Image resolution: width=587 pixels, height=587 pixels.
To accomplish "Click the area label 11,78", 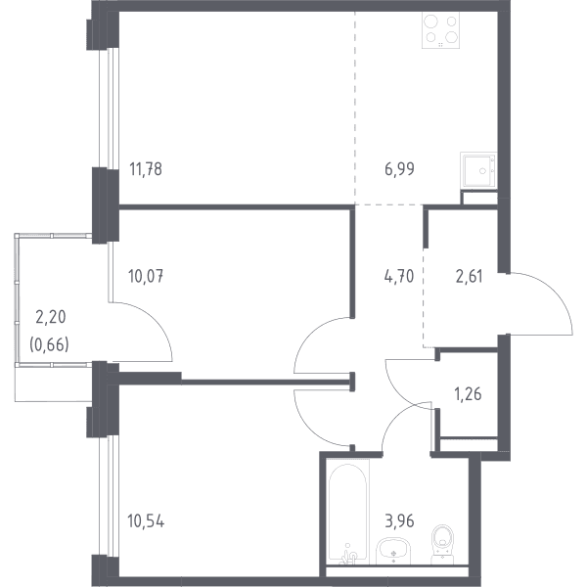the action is [146, 169].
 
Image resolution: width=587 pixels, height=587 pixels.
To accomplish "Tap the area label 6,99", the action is [399, 169].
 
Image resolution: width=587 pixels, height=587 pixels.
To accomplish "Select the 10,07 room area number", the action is [146, 277].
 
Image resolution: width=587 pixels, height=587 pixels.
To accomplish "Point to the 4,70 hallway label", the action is [399, 277].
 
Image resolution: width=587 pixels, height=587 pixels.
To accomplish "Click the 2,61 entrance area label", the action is [469, 277].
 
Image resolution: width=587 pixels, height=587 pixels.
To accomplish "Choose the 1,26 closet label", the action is [468, 394].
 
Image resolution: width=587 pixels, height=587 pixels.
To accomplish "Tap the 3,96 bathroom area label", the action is [399, 521].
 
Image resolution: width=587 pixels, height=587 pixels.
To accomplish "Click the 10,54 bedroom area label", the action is [146, 521].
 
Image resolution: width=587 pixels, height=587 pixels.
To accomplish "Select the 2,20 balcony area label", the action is [51, 317].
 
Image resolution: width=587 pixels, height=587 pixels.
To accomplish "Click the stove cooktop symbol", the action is [440, 30].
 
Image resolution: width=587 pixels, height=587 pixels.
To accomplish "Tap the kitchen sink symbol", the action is [478, 170].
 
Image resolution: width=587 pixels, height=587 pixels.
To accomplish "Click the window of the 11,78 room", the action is [109, 108].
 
